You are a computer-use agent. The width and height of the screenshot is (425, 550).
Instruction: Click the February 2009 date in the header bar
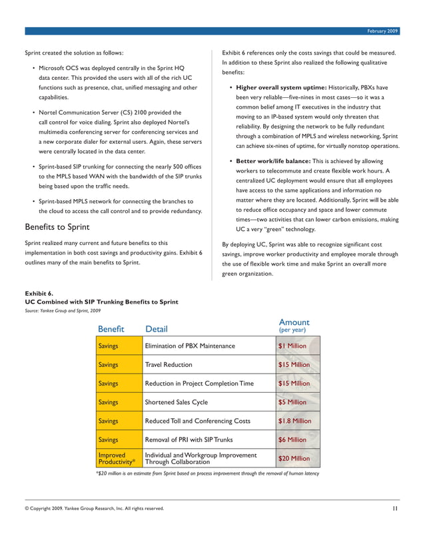383,31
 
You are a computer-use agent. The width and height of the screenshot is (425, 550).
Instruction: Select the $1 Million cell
292,346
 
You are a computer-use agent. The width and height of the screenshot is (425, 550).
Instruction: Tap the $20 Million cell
294,459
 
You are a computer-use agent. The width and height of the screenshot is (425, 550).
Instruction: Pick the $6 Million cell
292,439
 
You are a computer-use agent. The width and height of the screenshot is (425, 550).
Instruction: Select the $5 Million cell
292,402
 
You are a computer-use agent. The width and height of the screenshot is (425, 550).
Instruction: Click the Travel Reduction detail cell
169,365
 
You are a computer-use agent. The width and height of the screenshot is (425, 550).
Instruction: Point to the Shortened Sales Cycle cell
177,402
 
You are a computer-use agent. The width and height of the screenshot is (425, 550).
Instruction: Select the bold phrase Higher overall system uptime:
281,87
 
